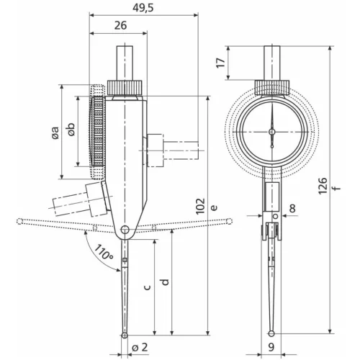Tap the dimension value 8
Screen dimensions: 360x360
(292, 209)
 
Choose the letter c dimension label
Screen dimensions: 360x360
(147, 286)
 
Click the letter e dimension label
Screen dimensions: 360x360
(213, 207)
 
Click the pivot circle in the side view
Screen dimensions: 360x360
(125, 230)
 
